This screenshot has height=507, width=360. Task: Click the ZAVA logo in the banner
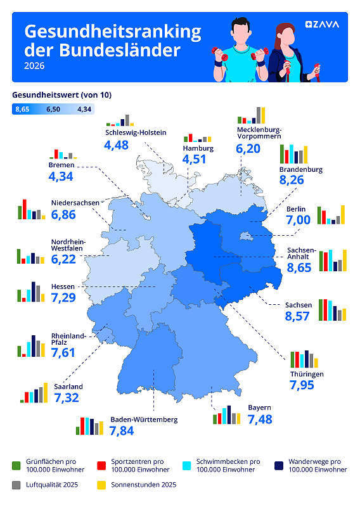[322, 25]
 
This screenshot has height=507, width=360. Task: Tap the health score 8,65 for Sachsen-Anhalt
[299, 267]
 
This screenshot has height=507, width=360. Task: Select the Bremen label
[61, 165]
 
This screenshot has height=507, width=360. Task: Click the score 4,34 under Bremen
[61, 177]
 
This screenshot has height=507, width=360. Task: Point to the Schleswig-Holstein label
[136, 132]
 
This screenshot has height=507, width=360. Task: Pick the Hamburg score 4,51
[194, 159]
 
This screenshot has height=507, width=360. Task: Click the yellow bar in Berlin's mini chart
[343, 215]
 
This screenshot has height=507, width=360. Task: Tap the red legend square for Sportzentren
[101, 466]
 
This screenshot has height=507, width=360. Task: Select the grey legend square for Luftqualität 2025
[16, 485]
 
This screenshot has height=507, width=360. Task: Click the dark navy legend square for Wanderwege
[279, 466]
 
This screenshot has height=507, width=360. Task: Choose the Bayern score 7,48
[260, 420]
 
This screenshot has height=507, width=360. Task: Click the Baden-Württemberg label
[145, 420]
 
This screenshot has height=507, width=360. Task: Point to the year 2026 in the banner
[34, 66]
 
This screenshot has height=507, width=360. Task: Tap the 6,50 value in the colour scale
[53, 109]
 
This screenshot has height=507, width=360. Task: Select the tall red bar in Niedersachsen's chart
[25, 209]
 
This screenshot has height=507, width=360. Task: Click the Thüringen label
[307, 375]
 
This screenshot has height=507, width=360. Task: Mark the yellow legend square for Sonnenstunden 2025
[101, 485]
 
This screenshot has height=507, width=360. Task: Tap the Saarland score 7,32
[67, 398]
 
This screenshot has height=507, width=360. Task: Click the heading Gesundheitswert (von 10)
[61, 95]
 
